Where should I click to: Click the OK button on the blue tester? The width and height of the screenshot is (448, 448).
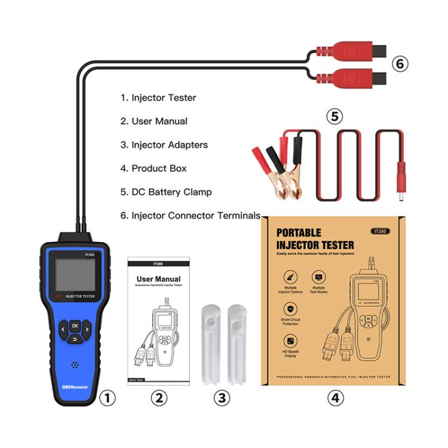75,326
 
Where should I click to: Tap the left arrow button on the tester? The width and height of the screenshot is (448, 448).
62,328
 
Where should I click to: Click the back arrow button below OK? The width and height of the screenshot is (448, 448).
75,339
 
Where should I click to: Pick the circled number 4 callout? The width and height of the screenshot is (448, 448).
335,397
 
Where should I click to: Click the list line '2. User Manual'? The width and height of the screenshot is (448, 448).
154,121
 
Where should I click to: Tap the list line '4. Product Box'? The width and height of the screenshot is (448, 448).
153,168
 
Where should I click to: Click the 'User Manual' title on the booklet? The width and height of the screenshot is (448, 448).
158,279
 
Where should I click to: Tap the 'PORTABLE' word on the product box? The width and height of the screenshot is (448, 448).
299,233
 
